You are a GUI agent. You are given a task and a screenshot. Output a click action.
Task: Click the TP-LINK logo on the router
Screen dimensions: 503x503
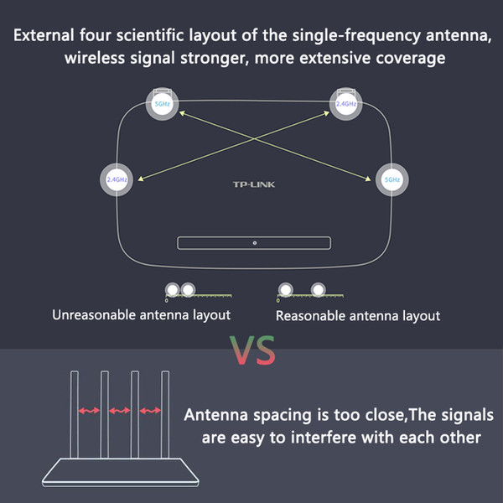[x=254, y=184]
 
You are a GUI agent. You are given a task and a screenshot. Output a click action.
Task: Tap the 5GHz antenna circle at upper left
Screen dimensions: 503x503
[x=163, y=104]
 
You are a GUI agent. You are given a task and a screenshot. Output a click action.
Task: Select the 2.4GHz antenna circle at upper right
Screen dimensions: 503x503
[x=345, y=104]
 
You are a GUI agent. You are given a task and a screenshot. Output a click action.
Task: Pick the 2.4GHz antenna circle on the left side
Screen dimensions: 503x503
[x=117, y=179]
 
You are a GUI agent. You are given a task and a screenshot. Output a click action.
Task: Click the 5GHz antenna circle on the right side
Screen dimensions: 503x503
[x=392, y=179]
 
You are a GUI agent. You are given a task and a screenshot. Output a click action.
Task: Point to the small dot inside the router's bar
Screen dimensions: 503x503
[x=255, y=243]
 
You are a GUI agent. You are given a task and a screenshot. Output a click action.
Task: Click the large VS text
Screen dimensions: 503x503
[x=252, y=350]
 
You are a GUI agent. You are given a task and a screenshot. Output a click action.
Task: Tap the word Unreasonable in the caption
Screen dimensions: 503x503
[x=94, y=315]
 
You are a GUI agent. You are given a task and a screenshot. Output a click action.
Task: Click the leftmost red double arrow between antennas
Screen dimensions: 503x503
[x=89, y=410]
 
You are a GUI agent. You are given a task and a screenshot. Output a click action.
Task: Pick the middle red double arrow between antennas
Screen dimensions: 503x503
[x=120, y=410]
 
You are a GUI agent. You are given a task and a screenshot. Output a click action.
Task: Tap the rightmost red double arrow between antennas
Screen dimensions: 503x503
[x=150, y=410]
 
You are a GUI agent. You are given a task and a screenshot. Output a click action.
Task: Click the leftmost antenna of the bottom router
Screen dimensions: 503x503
[x=75, y=414]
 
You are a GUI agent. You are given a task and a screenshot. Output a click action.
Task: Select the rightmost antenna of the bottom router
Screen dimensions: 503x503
[x=165, y=414]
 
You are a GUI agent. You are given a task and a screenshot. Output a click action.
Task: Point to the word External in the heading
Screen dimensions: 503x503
[x=44, y=35]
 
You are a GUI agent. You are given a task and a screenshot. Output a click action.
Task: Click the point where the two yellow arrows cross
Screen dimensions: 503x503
[x=254, y=139]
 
